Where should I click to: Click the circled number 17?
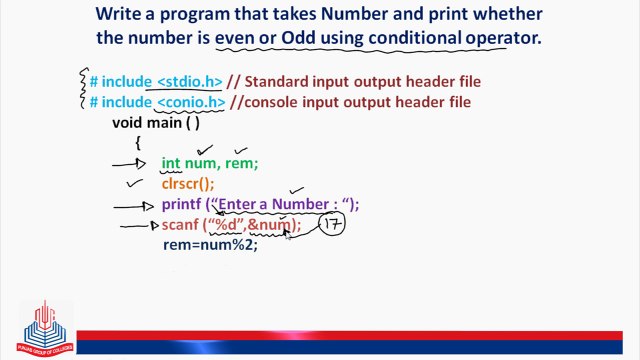pyautogui.click(x=332, y=225)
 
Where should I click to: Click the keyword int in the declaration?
pyautogui.click(x=171, y=164)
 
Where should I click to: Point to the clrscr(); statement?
pyautogui.click(x=188, y=184)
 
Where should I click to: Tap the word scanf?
pyautogui.click(x=181, y=225)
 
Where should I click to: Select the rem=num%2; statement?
pyautogui.click(x=210, y=245)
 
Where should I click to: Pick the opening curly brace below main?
pyautogui.click(x=139, y=143)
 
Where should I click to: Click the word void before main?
pyautogui.click(x=128, y=122)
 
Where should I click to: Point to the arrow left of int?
pyautogui.click(x=128, y=164)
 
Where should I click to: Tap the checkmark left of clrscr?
pyautogui.click(x=133, y=184)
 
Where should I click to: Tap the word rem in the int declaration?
pyautogui.click(x=241, y=164)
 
